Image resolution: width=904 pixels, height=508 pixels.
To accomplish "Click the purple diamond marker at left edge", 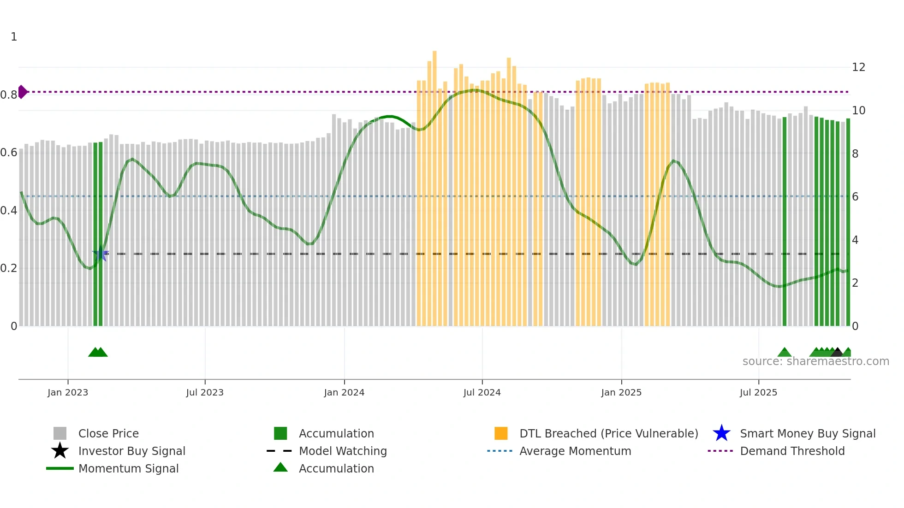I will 22,92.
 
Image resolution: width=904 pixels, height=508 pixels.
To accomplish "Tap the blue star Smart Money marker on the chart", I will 101,254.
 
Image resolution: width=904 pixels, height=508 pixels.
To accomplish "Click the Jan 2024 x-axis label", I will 344,392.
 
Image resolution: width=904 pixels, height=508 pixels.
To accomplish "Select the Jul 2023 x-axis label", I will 205,392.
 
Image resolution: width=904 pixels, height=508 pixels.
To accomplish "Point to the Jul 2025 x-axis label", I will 758,392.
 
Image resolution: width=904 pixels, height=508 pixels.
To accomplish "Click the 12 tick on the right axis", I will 858,67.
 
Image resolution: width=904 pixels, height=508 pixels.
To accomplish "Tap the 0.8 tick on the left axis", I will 9,95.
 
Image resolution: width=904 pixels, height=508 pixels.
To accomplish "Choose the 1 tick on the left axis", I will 14,37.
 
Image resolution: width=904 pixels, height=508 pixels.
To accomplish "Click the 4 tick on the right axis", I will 855,240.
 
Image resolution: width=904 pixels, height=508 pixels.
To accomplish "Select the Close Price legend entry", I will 108,433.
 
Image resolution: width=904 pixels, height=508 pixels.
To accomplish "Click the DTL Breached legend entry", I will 608,433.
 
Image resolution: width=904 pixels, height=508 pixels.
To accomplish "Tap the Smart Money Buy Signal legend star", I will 721,433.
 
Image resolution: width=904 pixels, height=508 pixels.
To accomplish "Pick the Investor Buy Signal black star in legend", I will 60,451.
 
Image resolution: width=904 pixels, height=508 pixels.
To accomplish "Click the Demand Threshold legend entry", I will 792,451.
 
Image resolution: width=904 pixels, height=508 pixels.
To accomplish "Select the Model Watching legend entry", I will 343,451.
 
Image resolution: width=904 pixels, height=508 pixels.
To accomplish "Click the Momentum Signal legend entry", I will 128,468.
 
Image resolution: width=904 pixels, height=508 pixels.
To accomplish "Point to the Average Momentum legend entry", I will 575,451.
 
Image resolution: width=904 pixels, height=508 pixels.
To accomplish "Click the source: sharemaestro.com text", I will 815,361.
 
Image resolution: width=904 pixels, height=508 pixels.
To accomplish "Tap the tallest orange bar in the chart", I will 434,184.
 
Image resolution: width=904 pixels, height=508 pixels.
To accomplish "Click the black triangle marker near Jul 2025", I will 837,353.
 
